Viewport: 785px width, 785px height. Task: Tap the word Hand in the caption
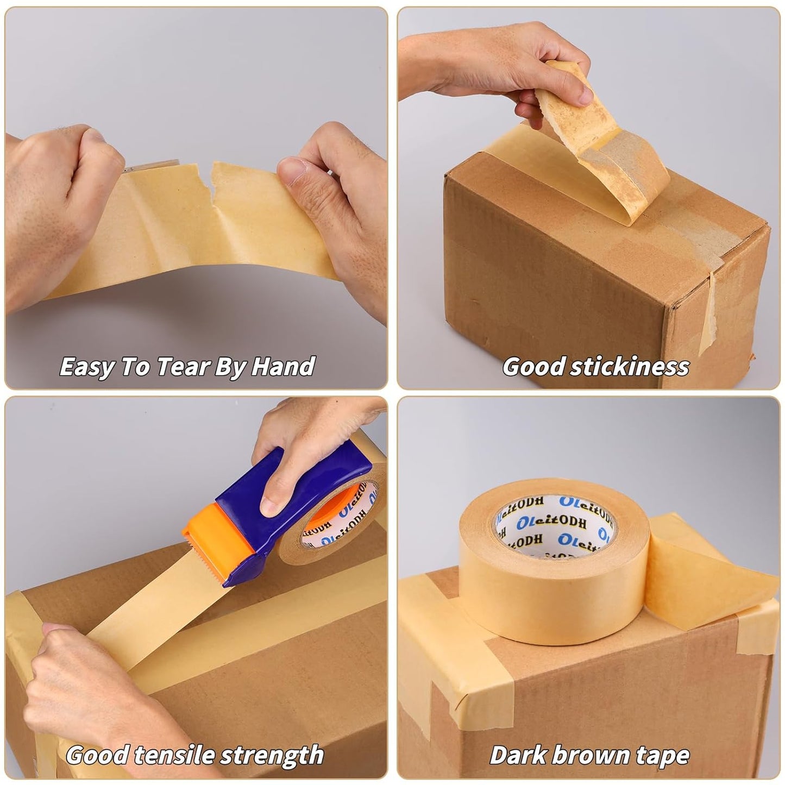click(x=284, y=367)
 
